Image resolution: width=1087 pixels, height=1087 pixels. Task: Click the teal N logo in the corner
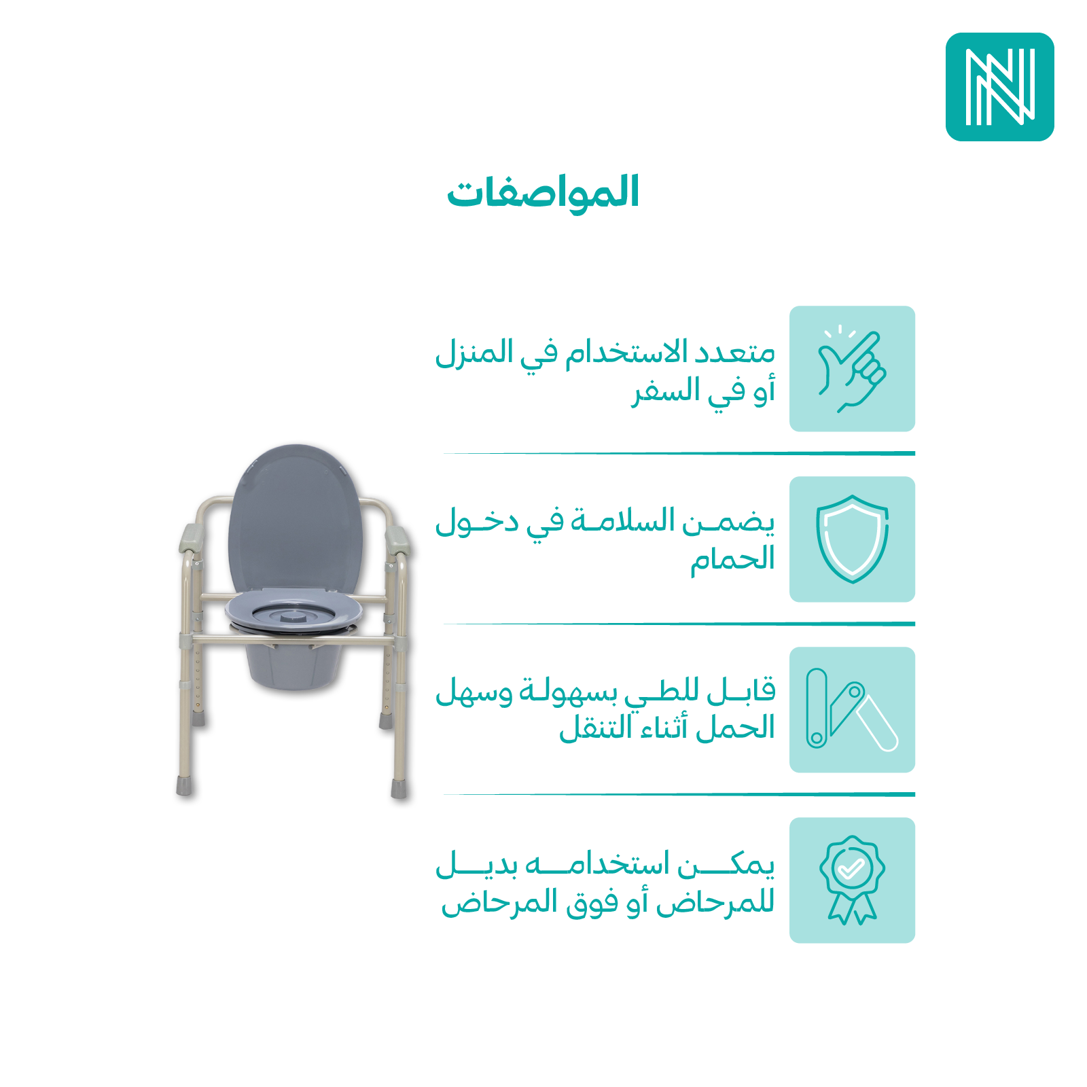pyautogui.click(x=999, y=87)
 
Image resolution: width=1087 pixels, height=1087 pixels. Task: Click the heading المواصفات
pyautogui.click(x=543, y=193)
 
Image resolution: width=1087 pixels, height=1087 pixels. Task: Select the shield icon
pyautogui.click(x=852, y=539)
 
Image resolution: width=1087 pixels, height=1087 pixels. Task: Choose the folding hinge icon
pyautogui.click(x=852, y=709)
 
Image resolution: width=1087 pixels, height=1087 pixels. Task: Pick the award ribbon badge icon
pyautogui.click(x=852, y=880)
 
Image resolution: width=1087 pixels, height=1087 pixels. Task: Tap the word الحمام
pyautogui.click(x=732, y=560)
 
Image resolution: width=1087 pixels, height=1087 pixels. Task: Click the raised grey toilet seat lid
pyautogui.click(x=295, y=520)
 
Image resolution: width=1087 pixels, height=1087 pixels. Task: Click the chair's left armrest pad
pyautogui.click(x=192, y=538)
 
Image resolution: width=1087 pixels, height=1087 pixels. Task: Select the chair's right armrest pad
pyautogui.click(x=397, y=539)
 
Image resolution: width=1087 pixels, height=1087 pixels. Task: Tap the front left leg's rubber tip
pyautogui.click(x=184, y=786)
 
